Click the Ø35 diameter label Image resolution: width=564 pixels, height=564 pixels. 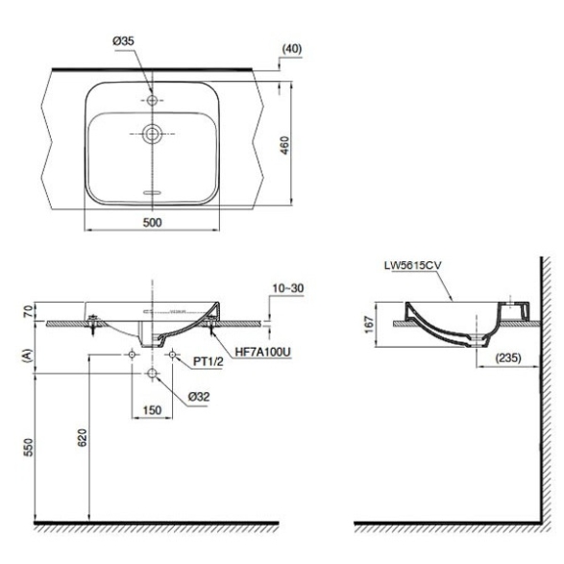click(x=123, y=41)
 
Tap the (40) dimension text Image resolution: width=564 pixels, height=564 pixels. click(x=292, y=49)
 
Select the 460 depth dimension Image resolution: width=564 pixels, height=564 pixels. click(x=284, y=145)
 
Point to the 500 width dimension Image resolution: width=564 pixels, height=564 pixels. click(x=152, y=222)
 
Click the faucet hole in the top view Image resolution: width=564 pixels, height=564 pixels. click(x=152, y=100)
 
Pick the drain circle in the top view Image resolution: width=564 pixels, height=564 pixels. click(x=152, y=134)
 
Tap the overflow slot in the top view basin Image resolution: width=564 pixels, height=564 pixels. click(x=153, y=192)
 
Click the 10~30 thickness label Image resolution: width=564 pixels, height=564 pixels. click(x=287, y=288)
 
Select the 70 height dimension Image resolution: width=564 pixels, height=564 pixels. click(x=29, y=310)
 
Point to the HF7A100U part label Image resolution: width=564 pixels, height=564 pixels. click(x=262, y=353)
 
